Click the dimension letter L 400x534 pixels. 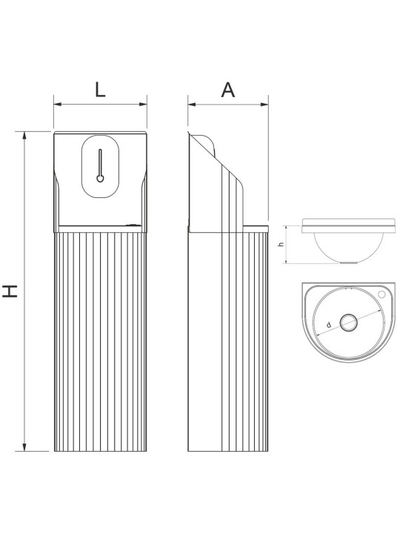pyautogui.click(x=100, y=90)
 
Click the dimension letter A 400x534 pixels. pyautogui.click(x=228, y=90)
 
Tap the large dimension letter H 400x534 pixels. pyautogui.click(x=10, y=291)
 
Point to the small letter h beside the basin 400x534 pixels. pyautogui.click(x=281, y=244)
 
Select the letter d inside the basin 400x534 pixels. pyautogui.click(x=329, y=325)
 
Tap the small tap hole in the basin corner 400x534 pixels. pyautogui.click(x=382, y=294)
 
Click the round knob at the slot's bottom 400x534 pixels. pyautogui.click(x=100, y=178)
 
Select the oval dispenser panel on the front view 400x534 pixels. pyautogui.click(x=100, y=166)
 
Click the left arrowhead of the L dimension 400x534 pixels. pyautogui.click(x=58, y=105)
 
